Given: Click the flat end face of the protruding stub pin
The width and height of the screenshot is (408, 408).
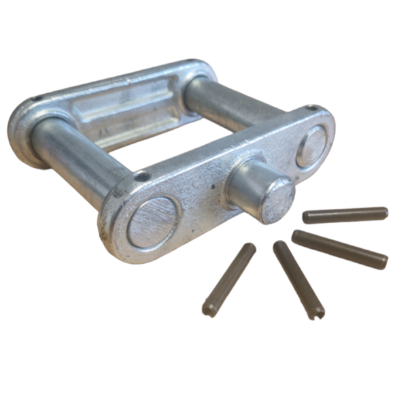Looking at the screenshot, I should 279,201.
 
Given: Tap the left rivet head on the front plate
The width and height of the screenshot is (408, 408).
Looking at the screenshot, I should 154,222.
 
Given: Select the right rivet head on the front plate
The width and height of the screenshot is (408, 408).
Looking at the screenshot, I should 311,146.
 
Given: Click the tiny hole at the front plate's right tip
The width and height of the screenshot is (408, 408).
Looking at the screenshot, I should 311,109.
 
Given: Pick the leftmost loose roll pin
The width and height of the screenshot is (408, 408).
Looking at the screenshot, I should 229,279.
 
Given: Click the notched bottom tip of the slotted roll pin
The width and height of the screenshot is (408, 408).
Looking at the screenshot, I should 317,313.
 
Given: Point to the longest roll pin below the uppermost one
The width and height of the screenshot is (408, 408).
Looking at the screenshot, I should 340,249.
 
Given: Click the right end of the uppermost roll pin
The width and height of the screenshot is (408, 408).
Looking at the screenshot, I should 384,213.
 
